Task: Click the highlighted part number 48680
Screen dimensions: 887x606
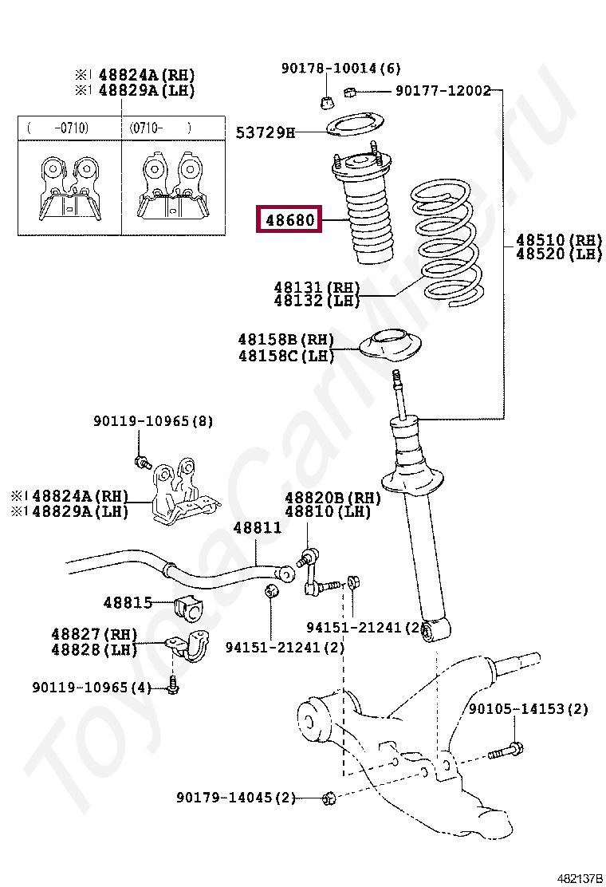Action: [289, 219]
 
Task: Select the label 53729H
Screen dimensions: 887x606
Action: [265, 132]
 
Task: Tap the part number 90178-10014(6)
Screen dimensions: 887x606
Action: [340, 69]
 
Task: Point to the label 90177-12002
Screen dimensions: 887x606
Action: [443, 91]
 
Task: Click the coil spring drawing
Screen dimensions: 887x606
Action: [447, 243]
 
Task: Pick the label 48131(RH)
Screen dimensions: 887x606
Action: [317, 287]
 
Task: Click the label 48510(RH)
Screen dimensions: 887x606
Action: [558, 240]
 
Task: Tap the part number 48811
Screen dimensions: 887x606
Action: [257, 528]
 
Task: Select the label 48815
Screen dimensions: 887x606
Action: [128, 603]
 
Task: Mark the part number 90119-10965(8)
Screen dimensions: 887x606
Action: [153, 421]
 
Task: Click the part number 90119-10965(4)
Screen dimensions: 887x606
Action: [92, 687]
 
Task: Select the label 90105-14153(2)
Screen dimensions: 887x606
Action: [528, 708]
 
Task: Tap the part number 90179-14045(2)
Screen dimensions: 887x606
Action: [236, 797]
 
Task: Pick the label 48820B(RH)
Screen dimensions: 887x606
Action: [333, 498]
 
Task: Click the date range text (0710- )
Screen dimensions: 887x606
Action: [160, 127]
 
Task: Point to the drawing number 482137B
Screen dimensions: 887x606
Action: [579, 878]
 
